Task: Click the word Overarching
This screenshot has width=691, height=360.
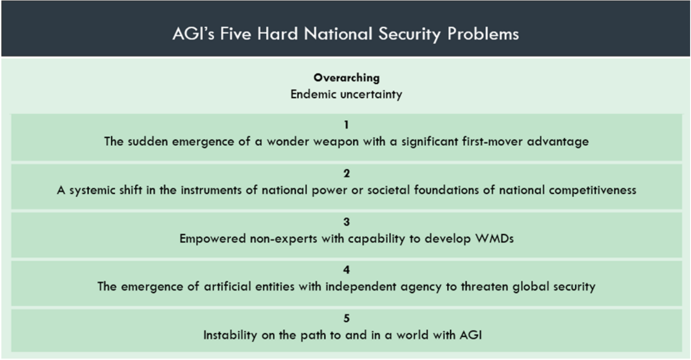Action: click(347, 78)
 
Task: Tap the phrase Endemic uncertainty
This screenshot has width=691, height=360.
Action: click(346, 94)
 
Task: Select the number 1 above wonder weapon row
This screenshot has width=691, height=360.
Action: click(347, 125)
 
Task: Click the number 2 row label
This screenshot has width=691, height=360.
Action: click(347, 173)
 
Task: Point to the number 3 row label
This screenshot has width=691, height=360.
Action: click(347, 222)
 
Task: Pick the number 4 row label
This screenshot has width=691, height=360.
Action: click(347, 270)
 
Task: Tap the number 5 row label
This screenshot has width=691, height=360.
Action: click(347, 318)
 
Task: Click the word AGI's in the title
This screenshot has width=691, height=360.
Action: click(193, 34)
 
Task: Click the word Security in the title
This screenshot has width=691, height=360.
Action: click(409, 34)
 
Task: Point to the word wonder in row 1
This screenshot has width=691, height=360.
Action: click(284, 141)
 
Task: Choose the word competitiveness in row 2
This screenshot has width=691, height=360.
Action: click(592, 190)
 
